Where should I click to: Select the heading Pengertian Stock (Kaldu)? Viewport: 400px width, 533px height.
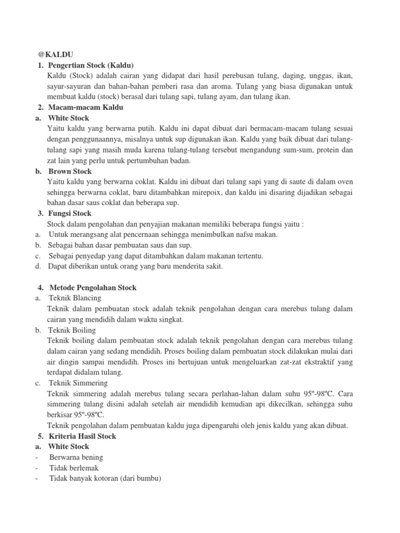91,65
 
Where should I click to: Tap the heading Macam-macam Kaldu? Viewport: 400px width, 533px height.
86,107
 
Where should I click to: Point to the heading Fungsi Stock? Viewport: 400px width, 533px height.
70,213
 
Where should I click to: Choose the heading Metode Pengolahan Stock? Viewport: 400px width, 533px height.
93,287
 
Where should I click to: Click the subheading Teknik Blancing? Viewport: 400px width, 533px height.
75,298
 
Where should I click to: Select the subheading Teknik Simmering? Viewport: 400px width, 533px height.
78,383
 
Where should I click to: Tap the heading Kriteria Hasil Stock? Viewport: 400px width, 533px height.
83,436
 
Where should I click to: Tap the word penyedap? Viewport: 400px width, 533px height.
90,256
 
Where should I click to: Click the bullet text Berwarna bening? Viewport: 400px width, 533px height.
76,457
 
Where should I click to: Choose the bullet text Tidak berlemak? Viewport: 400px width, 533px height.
73,468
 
